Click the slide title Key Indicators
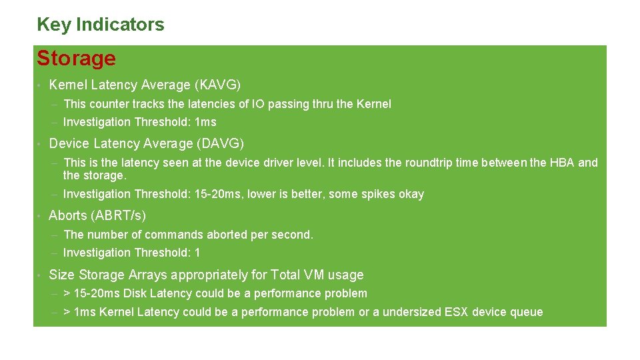[100, 25]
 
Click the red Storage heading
[76, 59]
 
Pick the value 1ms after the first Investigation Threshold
[205, 122]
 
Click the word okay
[411, 195]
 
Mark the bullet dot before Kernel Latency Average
[40, 86]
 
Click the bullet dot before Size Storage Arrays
[40, 275]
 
